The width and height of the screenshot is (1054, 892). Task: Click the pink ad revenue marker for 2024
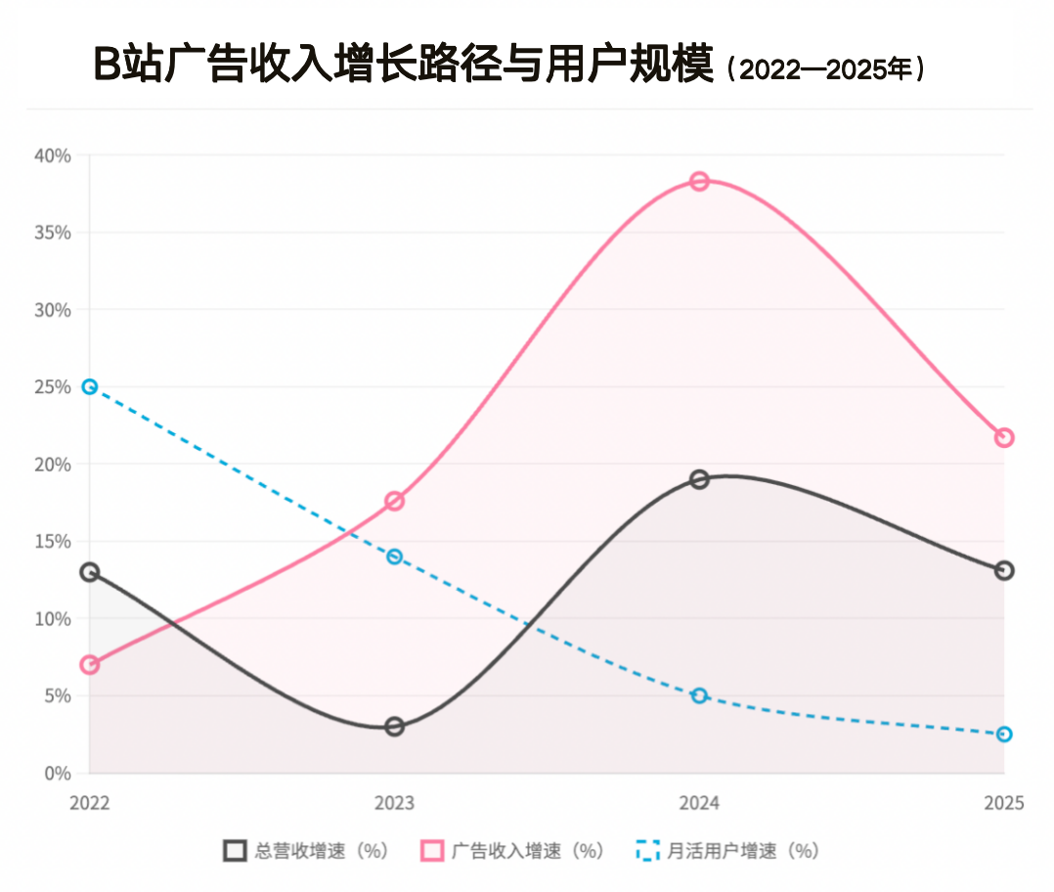[x=699, y=181]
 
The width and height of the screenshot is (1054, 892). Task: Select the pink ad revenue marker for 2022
[x=90, y=665]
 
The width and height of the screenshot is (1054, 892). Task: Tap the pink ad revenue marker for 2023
[x=394, y=501]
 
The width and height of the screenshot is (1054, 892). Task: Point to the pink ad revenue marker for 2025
[x=1004, y=437]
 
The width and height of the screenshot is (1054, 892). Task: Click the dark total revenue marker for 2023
[x=394, y=727]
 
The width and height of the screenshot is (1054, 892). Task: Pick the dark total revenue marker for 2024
[x=699, y=479]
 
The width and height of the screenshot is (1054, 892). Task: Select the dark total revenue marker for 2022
[x=90, y=572]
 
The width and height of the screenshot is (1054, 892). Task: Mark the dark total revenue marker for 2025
[x=1004, y=570]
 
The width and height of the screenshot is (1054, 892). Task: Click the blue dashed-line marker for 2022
[x=90, y=386]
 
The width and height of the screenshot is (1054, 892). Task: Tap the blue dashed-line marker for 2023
[x=394, y=557]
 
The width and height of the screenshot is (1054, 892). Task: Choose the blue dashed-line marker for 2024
[x=699, y=695]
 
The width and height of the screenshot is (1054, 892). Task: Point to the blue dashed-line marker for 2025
[x=1004, y=735]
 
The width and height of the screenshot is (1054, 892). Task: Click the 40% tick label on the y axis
[x=53, y=156]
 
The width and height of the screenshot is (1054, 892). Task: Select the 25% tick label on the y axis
[x=53, y=387]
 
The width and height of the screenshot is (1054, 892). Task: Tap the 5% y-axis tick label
[x=57, y=696]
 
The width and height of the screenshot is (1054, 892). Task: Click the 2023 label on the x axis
[x=394, y=803]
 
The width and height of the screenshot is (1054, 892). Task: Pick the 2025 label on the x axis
[x=1004, y=803]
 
